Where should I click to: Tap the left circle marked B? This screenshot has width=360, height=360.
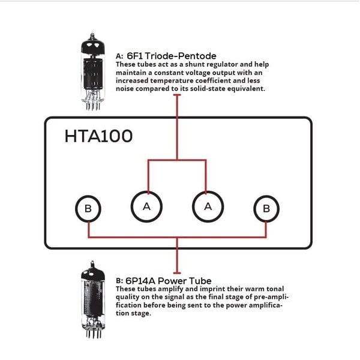point(88,208)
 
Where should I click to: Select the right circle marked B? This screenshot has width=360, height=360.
point(266,208)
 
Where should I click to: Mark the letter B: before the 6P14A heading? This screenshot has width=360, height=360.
point(119,281)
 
